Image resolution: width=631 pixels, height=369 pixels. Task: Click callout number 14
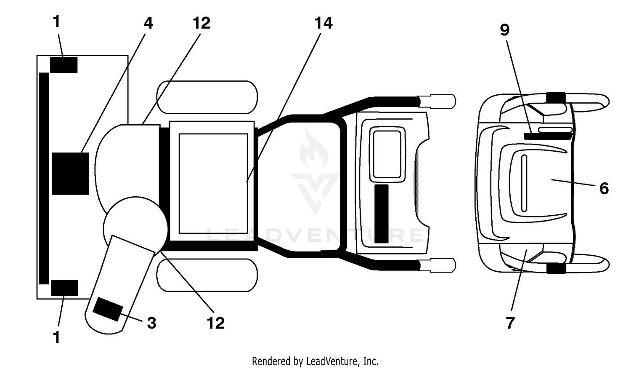323,23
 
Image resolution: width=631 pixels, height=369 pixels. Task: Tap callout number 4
148,23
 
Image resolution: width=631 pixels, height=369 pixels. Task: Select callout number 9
505,29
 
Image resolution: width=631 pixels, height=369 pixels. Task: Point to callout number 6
604,188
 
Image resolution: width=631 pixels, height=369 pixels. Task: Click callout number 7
510,323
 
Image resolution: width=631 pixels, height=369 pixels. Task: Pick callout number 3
151,323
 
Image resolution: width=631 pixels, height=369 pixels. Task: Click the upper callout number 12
201,23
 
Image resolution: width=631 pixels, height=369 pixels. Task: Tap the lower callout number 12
215,323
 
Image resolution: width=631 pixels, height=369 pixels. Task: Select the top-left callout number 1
57,22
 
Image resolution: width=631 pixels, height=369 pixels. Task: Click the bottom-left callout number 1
57,337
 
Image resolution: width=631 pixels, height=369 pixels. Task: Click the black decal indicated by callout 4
70,174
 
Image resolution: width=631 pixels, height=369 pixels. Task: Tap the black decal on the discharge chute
108,309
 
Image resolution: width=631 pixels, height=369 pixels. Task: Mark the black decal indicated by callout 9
548,136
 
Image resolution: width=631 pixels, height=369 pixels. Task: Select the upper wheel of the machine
207,97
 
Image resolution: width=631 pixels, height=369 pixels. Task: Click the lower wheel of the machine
207,275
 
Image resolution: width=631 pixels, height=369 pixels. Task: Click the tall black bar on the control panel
382,214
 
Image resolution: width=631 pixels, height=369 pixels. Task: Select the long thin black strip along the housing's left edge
44,179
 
